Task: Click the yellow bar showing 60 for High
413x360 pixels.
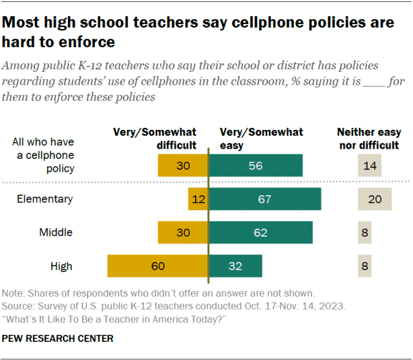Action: tap(157, 266)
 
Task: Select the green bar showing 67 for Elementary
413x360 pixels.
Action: tap(264, 199)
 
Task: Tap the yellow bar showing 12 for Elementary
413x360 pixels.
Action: tap(198, 199)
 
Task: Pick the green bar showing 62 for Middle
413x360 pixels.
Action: tap(260, 233)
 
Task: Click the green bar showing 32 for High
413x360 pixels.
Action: tap(235, 266)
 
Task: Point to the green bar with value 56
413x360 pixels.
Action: tap(255, 165)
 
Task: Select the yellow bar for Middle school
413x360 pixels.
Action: tap(183, 233)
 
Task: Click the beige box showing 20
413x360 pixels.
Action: tap(374, 199)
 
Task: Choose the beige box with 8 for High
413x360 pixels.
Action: tap(366, 266)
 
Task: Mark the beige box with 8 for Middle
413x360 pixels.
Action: tap(366, 233)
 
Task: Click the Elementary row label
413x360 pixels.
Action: tap(45, 199)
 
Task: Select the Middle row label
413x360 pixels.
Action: tap(56, 233)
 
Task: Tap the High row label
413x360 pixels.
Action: tap(61, 266)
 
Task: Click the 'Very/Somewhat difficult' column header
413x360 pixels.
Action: tap(155, 138)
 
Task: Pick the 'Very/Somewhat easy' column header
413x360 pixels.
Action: tap(261, 138)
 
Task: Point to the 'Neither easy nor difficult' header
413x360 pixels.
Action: tap(368, 138)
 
